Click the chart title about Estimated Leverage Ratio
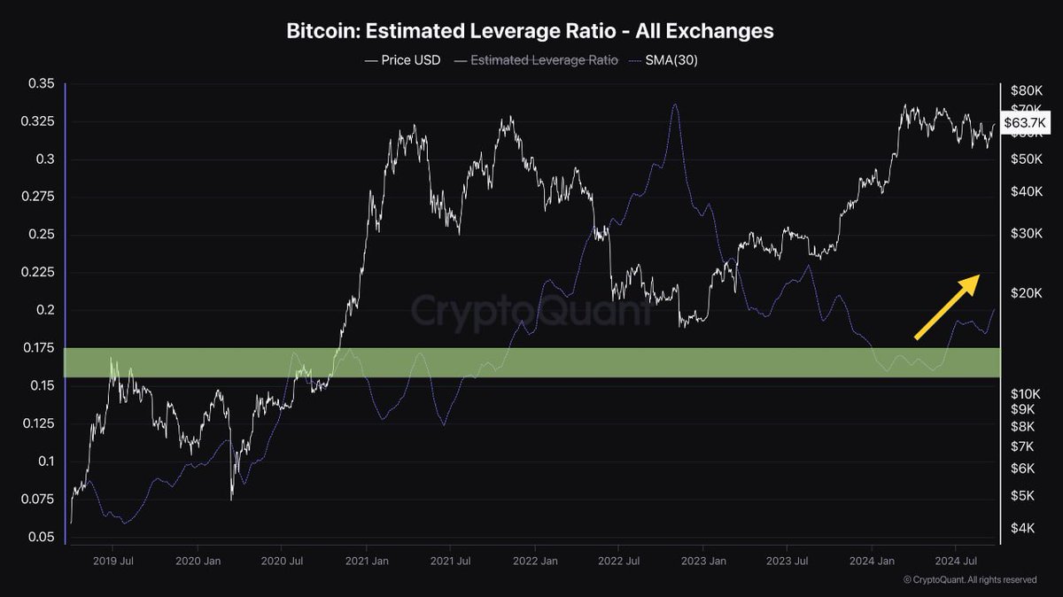pos(530,31)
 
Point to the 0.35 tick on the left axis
pos(42,84)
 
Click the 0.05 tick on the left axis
pos(42,537)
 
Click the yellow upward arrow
pos(947,306)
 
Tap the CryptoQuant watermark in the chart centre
pos(530,312)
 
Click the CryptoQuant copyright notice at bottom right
pos(969,579)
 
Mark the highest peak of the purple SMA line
pos(675,104)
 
